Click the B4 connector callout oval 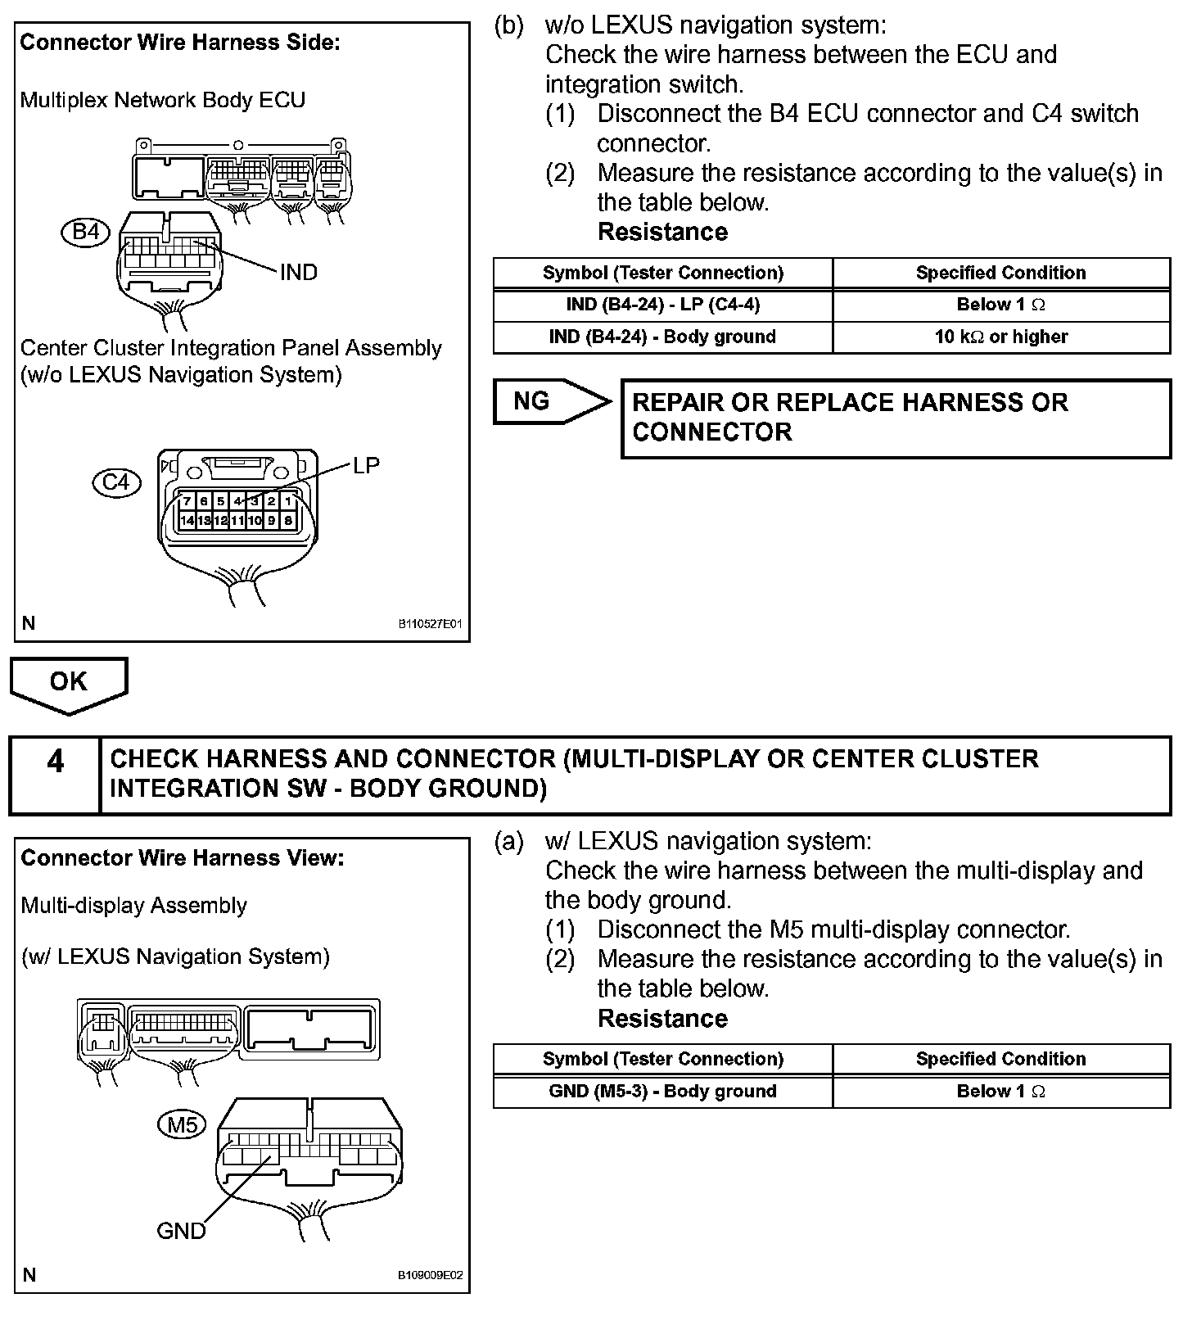click(85, 232)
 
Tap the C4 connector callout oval click(116, 482)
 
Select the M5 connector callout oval click(182, 1125)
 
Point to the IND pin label click(298, 273)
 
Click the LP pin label click(366, 465)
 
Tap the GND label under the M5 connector click(181, 1231)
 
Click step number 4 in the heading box click(55, 762)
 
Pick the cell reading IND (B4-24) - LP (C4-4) click(662, 305)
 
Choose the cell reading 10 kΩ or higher click(1000, 337)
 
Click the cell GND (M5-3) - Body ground click(662, 1092)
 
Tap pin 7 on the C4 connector click(187, 501)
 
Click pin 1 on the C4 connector click(288, 501)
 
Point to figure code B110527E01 click(431, 624)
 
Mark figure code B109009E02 click(431, 1275)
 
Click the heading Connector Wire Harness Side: click(179, 43)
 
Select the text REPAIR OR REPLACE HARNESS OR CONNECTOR click(850, 417)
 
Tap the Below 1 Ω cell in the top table click(1000, 305)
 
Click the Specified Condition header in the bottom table click(1000, 1059)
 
